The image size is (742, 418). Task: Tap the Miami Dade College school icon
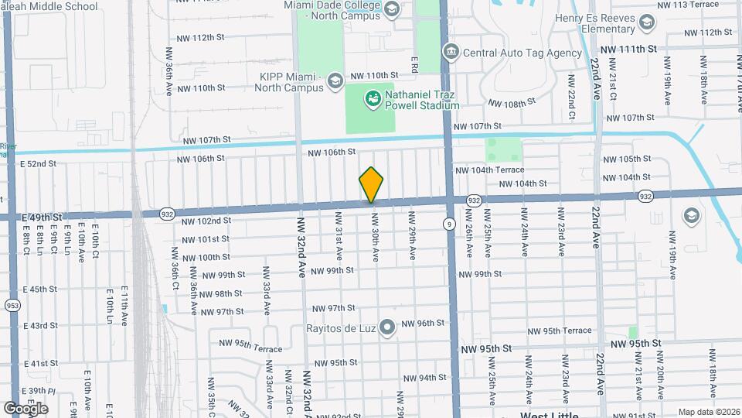[x=391, y=9]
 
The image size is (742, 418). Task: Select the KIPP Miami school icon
[x=335, y=81]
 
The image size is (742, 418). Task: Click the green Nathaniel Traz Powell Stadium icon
[x=373, y=98]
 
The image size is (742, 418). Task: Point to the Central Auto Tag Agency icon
[x=451, y=53]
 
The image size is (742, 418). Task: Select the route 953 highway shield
[x=11, y=305]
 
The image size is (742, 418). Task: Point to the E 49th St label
[x=36, y=217]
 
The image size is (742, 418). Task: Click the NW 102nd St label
[x=206, y=221]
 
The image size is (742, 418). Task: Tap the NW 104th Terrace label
[x=489, y=170]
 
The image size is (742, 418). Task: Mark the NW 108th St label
[x=512, y=103]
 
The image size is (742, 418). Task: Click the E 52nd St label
[x=39, y=164]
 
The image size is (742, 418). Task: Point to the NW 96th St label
[x=424, y=323]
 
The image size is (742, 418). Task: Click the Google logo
[x=26, y=408]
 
